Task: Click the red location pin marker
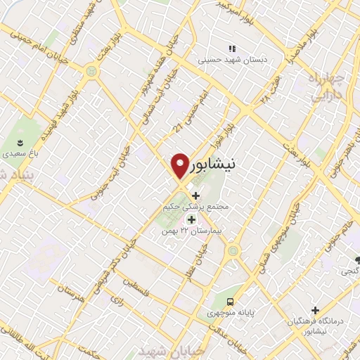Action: [180, 166]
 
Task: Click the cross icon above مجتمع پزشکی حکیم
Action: [195, 195]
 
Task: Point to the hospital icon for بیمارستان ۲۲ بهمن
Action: [191, 220]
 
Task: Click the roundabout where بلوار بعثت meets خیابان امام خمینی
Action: [91, 72]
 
